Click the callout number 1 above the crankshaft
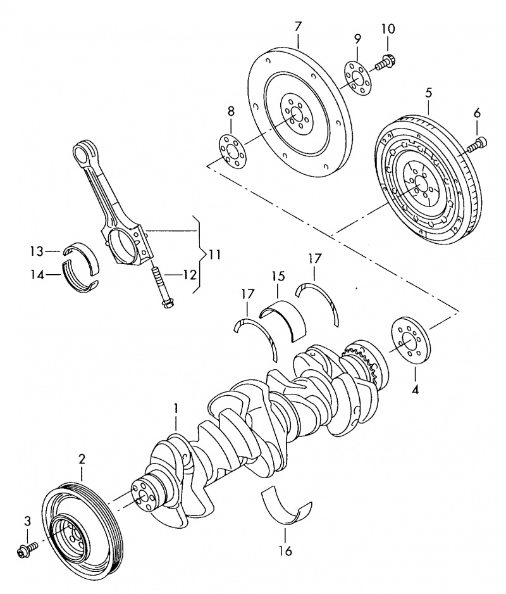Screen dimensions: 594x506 tap(176, 408)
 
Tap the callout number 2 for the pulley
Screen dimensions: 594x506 tap(82, 458)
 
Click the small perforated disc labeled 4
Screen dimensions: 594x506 tap(409, 341)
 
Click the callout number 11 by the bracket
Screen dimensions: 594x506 tap(214, 255)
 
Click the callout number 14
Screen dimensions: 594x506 tap(37, 275)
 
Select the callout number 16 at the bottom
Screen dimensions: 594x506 tap(285, 551)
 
